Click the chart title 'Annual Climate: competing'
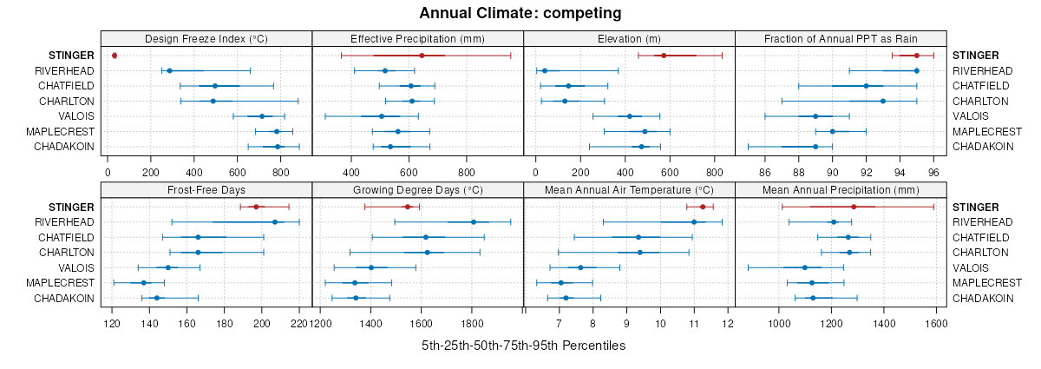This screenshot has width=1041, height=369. [520, 13]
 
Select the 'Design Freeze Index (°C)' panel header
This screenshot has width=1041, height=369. [206, 38]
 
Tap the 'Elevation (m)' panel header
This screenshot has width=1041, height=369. [629, 38]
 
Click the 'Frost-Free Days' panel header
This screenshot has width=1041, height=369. [206, 190]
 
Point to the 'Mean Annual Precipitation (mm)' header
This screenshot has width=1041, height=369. [841, 190]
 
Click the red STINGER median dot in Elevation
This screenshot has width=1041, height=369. [664, 56]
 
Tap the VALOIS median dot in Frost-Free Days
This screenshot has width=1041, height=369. [168, 267]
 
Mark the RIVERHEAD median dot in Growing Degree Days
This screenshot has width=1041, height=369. [474, 222]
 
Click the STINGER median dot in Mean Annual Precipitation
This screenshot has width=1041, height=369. [854, 207]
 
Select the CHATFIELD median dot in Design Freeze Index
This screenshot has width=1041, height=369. [215, 86]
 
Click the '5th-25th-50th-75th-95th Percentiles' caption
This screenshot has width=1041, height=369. [523, 346]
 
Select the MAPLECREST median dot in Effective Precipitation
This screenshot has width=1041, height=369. [398, 131]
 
